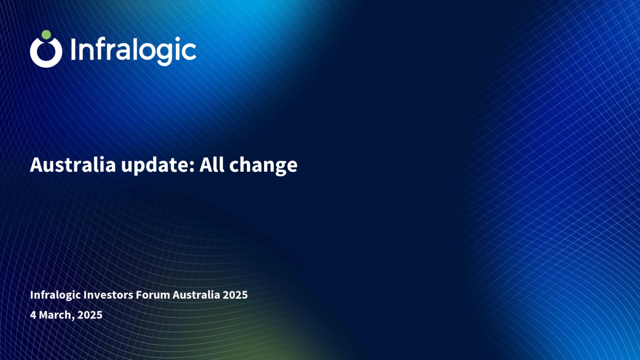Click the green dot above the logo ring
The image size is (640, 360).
46,35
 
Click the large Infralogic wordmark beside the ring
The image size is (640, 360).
133,51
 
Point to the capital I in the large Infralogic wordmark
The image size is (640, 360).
73,49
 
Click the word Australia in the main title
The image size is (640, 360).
73,165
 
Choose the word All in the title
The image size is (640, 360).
212,165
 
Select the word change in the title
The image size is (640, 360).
263,166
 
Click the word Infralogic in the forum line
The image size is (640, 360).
55,295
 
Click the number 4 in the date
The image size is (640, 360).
33,315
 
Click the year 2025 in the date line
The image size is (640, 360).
90,315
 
